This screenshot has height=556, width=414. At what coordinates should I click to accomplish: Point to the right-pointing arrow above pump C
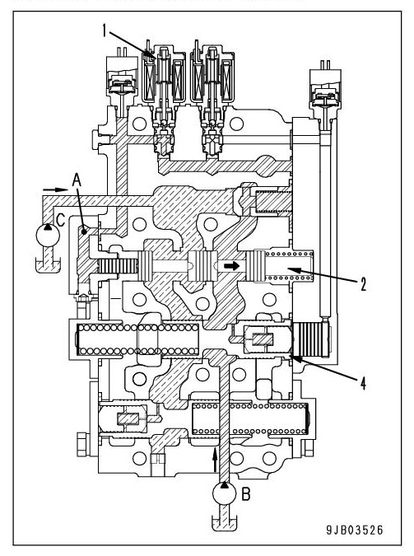click(50, 189)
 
